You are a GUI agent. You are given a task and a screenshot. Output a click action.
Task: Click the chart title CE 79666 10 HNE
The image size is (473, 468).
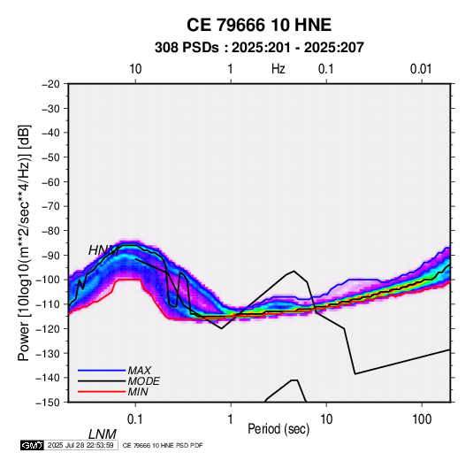pos(259,25)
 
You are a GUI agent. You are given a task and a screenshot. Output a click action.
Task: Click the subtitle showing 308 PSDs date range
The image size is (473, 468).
pos(259,48)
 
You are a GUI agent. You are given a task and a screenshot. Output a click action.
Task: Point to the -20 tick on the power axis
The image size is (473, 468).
pos(50,84)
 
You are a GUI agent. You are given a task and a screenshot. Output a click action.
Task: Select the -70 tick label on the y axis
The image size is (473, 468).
pos(50,206)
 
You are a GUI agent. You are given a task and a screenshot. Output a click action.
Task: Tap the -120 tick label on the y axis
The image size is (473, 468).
pos(48,329)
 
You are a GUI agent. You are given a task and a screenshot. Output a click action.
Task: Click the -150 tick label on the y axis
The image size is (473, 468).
pos(48,403)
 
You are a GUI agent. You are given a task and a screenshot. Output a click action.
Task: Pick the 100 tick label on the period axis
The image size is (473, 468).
pos(422,419)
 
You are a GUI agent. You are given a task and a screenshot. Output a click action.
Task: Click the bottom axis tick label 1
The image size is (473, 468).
pos(231,419)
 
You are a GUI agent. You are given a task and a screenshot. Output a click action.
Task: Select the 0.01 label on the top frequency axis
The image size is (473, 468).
pos(421,69)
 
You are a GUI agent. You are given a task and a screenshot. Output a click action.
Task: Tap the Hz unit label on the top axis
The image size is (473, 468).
pos(278,69)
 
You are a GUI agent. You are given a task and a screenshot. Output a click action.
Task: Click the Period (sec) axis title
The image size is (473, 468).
pos(278,429)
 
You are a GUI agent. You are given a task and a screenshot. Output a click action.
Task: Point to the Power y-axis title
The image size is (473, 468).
pos(24,243)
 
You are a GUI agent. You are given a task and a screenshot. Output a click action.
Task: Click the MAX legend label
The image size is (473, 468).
pos(140,371)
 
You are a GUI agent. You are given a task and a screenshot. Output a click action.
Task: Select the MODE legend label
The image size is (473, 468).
pos(143,381)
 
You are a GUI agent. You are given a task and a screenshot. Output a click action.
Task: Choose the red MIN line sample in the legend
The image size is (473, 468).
pos(102,392)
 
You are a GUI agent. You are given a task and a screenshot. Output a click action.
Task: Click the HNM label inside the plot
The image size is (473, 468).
pos(103,250)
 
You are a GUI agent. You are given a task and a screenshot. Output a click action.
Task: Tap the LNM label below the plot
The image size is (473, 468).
pos(103,434)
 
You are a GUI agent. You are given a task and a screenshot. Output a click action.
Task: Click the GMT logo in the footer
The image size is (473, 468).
pos(33,445)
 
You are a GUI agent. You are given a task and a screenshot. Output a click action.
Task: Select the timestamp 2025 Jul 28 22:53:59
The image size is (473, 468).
pos(80,445)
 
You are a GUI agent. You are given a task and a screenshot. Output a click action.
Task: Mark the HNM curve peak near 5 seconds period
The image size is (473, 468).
pos(294,271)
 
